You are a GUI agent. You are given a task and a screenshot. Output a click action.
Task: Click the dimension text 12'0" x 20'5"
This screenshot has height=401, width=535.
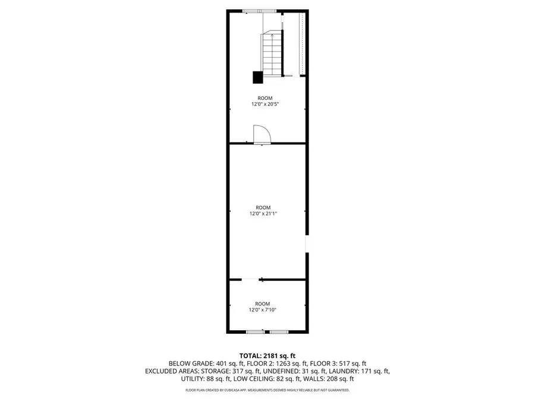coord(265,105)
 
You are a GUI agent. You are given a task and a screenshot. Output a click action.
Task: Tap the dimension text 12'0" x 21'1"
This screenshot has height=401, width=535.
coord(263,214)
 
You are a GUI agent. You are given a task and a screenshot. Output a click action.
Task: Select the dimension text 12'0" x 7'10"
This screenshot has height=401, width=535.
coord(262,310)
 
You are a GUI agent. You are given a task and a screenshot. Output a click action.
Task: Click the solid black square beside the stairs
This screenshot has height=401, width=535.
coord(257,77)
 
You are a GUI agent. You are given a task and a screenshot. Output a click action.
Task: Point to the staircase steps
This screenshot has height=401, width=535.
coord(272,55)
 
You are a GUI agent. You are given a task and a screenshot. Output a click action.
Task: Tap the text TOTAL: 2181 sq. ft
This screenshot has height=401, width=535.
coord(267,356)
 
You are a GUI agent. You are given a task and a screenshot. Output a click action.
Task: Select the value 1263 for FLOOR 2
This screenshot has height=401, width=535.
coord(283,364)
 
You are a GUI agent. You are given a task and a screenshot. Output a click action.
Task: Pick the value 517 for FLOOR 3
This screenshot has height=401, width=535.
coord(344,364)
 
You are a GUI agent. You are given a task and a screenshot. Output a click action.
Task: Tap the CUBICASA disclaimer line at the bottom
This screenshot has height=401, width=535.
coord(267,390)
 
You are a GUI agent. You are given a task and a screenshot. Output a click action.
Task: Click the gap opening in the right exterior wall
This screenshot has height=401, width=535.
coord(307,244)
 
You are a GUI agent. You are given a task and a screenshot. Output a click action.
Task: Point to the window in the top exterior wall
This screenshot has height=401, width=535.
coord(260,11)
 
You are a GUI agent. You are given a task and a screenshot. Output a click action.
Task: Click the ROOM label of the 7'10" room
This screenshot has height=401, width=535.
coord(262,304)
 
